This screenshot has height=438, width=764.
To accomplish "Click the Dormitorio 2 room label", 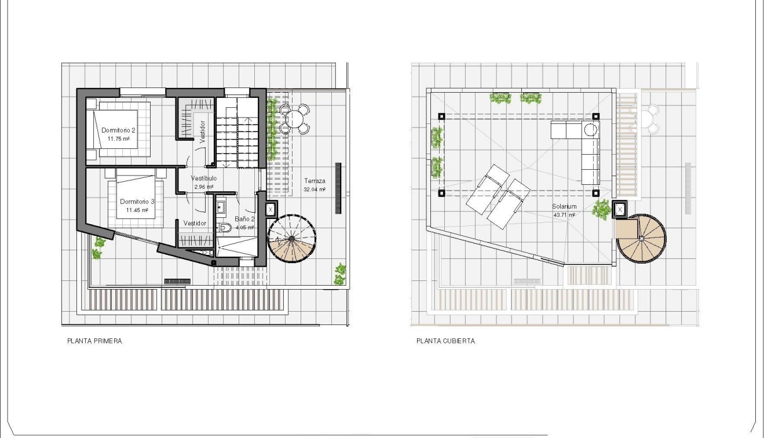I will [x=118, y=130].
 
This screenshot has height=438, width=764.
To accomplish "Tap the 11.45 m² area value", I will [x=137, y=210].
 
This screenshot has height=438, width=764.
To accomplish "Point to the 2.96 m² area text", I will [x=204, y=187].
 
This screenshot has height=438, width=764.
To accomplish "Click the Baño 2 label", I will [x=244, y=219].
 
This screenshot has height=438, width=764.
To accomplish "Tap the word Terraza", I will [x=314, y=181].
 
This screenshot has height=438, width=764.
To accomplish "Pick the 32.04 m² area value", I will [x=314, y=189].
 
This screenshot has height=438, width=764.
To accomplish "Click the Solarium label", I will [x=564, y=206].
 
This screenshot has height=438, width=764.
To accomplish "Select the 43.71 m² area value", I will [x=564, y=215].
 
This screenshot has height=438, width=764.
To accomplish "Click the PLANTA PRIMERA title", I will [x=94, y=341].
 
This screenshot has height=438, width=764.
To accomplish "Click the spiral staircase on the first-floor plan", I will [x=293, y=239].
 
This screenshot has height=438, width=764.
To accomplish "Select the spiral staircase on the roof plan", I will [x=641, y=238].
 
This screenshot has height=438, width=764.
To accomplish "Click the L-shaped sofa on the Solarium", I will [x=585, y=145].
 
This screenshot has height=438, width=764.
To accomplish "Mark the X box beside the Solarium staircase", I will [x=620, y=209].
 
